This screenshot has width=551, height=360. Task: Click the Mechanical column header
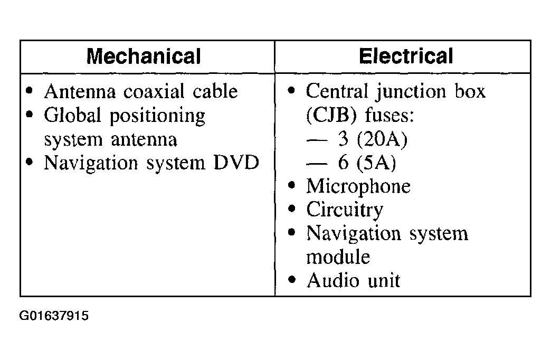(144, 56)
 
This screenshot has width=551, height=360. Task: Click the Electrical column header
(406, 56)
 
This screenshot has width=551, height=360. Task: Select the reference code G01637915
(54, 316)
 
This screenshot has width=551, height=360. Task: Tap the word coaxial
(154, 91)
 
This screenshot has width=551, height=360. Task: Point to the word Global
(72, 115)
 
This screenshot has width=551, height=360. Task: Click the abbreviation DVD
(236, 163)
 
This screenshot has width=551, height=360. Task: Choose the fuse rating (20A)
(382, 139)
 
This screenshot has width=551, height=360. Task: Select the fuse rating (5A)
(376, 163)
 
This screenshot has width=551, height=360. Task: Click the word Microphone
(358, 186)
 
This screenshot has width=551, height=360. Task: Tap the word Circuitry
(344, 210)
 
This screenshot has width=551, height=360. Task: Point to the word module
(338, 257)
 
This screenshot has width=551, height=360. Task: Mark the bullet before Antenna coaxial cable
(30, 91)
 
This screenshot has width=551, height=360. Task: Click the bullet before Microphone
(292, 186)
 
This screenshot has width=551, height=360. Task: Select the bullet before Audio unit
(292, 280)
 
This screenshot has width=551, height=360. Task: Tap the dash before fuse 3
(317, 140)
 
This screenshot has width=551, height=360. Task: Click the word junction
(411, 92)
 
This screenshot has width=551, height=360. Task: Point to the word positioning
(157, 116)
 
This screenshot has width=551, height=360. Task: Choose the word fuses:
(389, 115)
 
